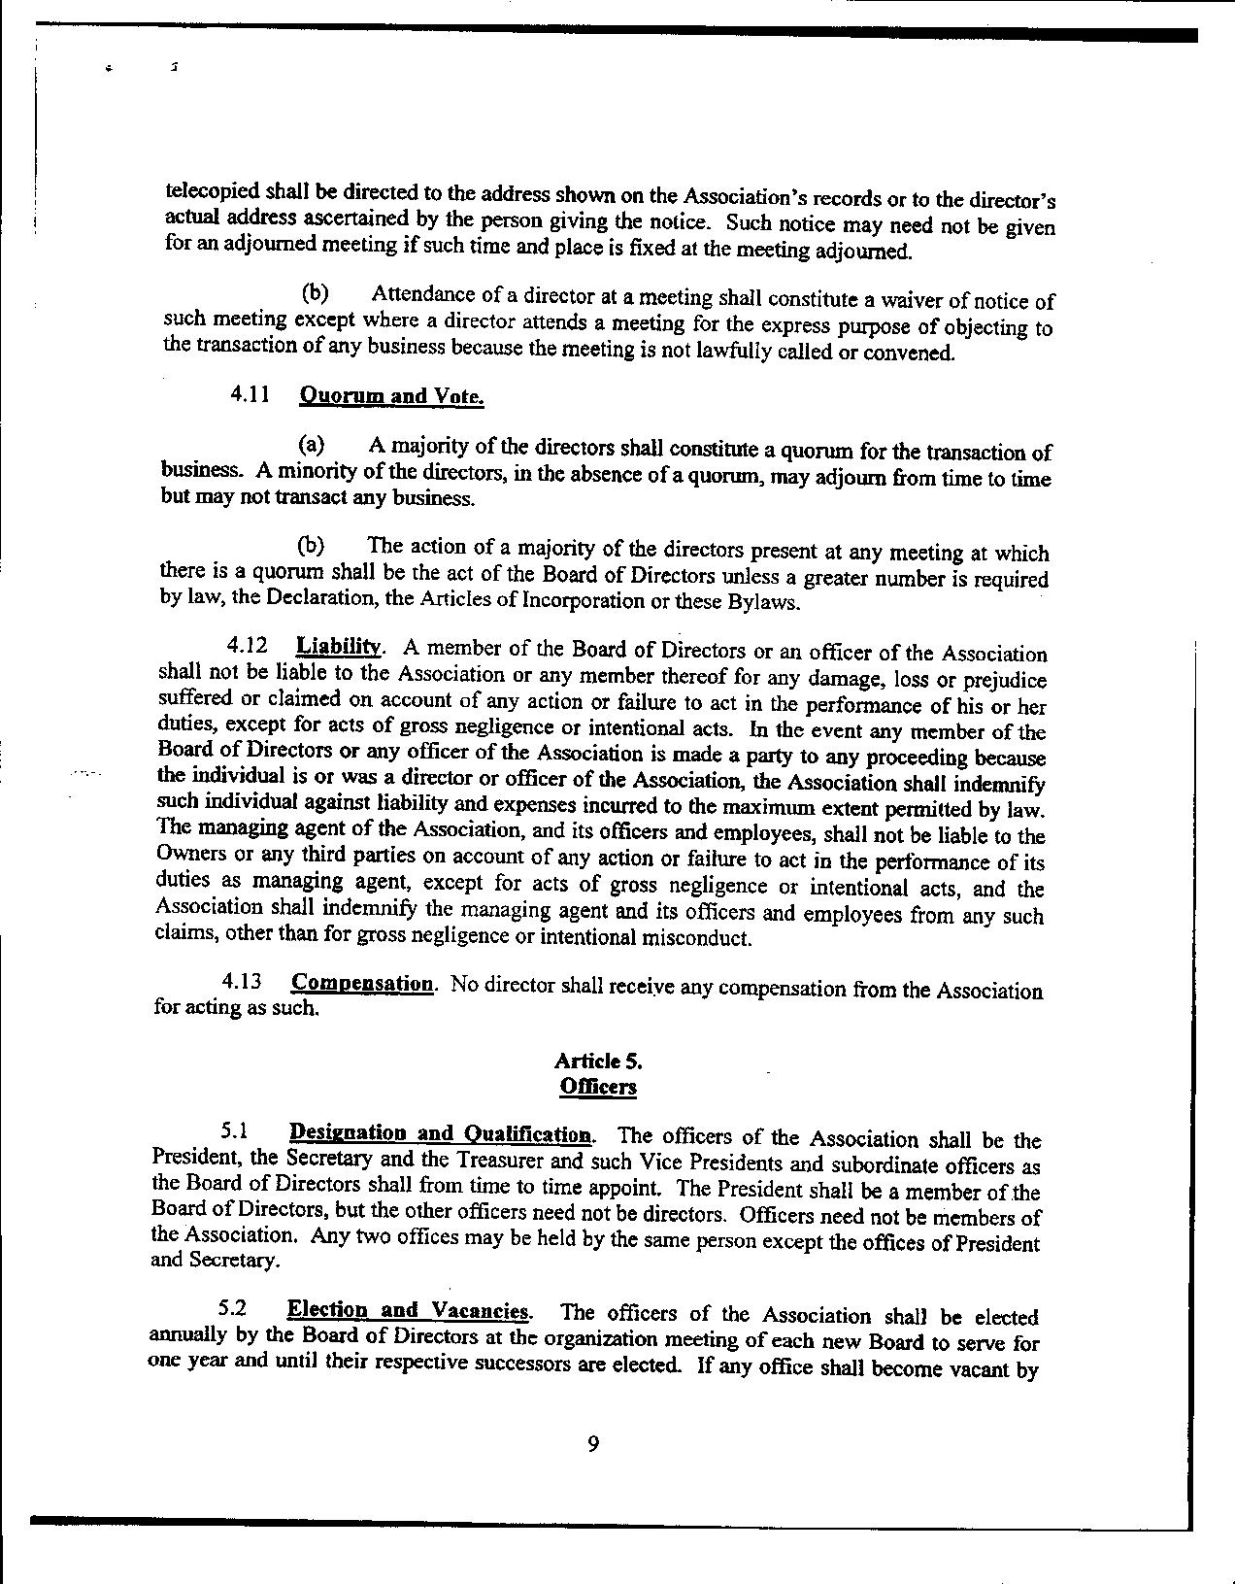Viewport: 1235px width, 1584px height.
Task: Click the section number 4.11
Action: click(x=249, y=393)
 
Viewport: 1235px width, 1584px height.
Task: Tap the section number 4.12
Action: click(x=247, y=644)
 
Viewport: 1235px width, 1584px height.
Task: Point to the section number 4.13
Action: click(x=242, y=981)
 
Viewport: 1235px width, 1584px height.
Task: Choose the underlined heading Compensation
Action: click(x=363, y=983)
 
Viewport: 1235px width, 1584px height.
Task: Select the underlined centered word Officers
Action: click(x=598, y=1086)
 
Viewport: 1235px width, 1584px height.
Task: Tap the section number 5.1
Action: click(x=235, y=1129)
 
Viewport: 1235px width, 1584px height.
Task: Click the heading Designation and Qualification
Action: click(x=441, y=1133)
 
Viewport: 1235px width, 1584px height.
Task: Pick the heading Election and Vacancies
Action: click(x=409, y=1310)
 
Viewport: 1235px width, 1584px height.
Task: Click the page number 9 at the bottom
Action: click(x=593, y=1444)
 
